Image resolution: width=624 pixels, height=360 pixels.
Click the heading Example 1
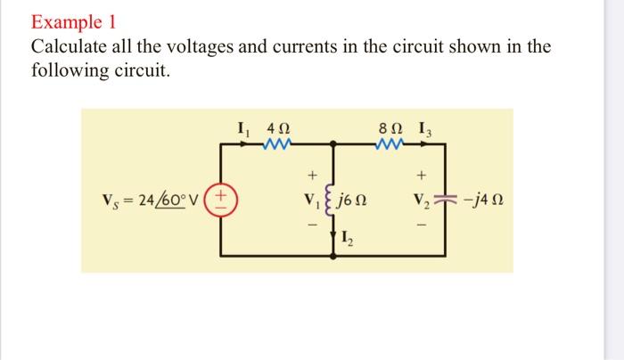(74, 20)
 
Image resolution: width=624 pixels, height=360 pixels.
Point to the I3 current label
(429, 127)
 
